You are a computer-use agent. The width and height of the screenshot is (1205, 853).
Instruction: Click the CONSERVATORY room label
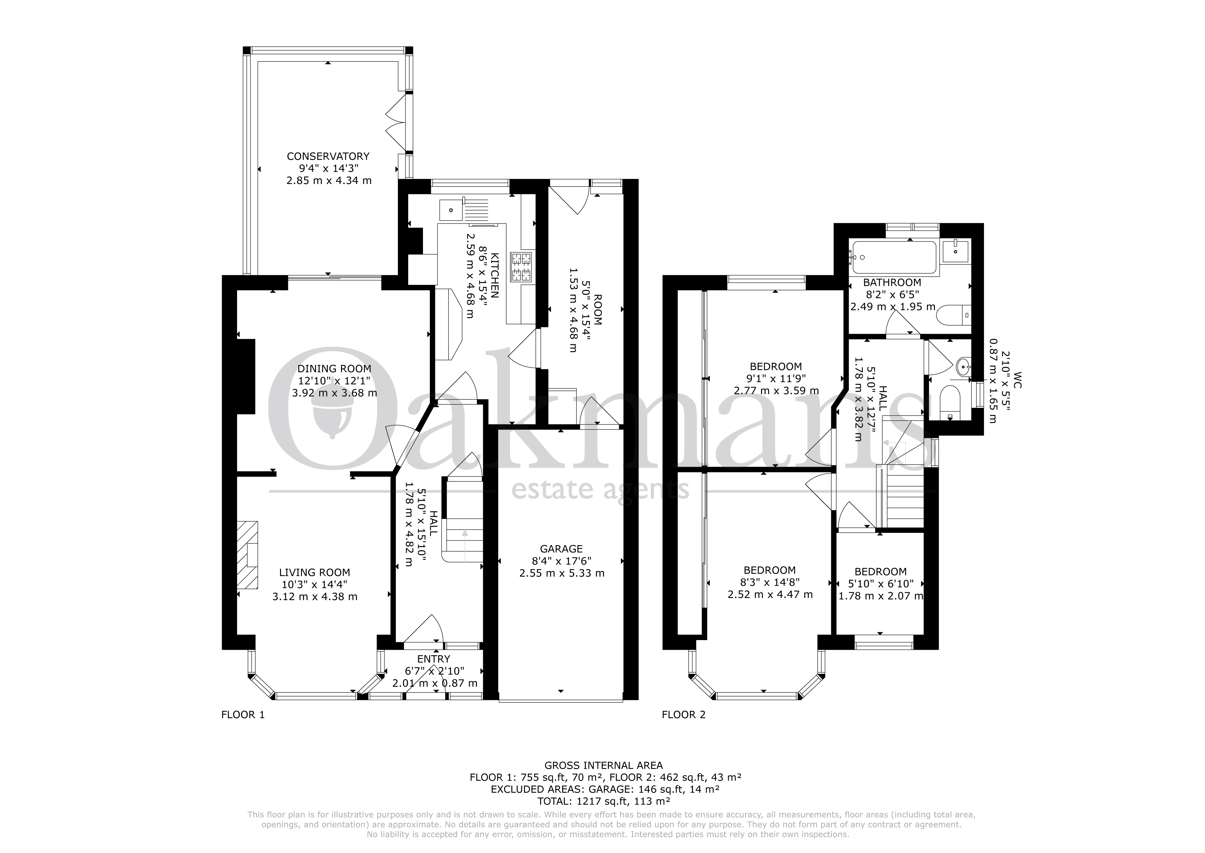coord(328,156)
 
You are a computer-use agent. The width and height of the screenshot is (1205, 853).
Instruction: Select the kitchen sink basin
coord(450,209)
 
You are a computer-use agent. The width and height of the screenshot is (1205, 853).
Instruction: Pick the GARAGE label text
coord(561,549)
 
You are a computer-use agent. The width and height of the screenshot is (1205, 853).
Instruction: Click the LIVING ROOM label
coord(314,573)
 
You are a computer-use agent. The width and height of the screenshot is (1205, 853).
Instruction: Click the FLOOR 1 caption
coord(243,714)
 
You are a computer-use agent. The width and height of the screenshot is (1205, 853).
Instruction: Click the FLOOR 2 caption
coord(683,714)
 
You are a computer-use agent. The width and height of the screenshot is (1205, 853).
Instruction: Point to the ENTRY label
coord(434,659)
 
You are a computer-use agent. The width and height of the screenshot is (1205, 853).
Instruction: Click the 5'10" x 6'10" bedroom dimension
coord(881,584)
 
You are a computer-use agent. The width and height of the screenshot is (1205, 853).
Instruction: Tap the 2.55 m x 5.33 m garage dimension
coord(561,573)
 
